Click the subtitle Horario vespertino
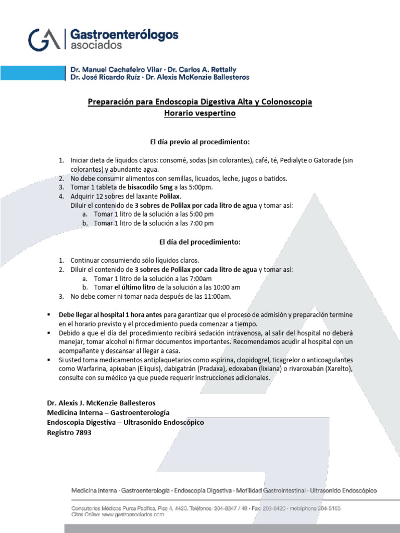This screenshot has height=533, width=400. click(x=199, y=112)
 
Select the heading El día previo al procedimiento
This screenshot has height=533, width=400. click(x=199, y=141)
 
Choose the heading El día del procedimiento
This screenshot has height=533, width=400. click(x=199, y=242)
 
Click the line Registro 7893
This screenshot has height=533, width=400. click(x=69, y=433)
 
